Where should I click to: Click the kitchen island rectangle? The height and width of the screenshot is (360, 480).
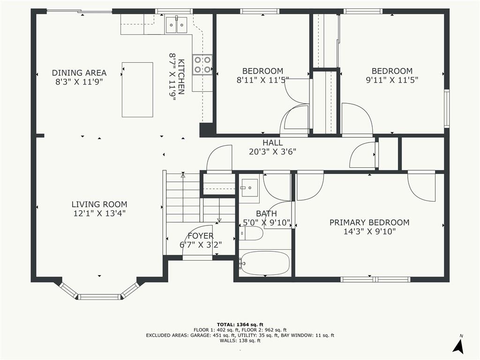137,90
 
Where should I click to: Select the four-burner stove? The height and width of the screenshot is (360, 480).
202,65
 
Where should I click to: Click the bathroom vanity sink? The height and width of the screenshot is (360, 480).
249,188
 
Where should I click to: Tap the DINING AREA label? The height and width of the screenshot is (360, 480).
79,73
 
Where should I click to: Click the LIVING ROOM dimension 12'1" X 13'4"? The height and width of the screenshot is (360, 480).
99,213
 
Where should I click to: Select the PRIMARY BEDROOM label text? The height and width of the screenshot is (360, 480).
369,223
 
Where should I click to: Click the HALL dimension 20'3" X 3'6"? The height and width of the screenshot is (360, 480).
272,151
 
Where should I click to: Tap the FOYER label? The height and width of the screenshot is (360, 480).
201,236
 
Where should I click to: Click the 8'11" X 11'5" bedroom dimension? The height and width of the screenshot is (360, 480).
262,80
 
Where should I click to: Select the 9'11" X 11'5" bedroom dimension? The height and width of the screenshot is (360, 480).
392,80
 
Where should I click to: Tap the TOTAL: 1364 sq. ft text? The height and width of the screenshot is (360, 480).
240,324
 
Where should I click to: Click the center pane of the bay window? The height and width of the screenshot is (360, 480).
99,296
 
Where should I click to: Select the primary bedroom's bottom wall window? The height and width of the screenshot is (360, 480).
375,279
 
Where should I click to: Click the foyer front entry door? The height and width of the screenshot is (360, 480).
197,257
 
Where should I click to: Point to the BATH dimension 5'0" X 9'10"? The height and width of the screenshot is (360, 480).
266,223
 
